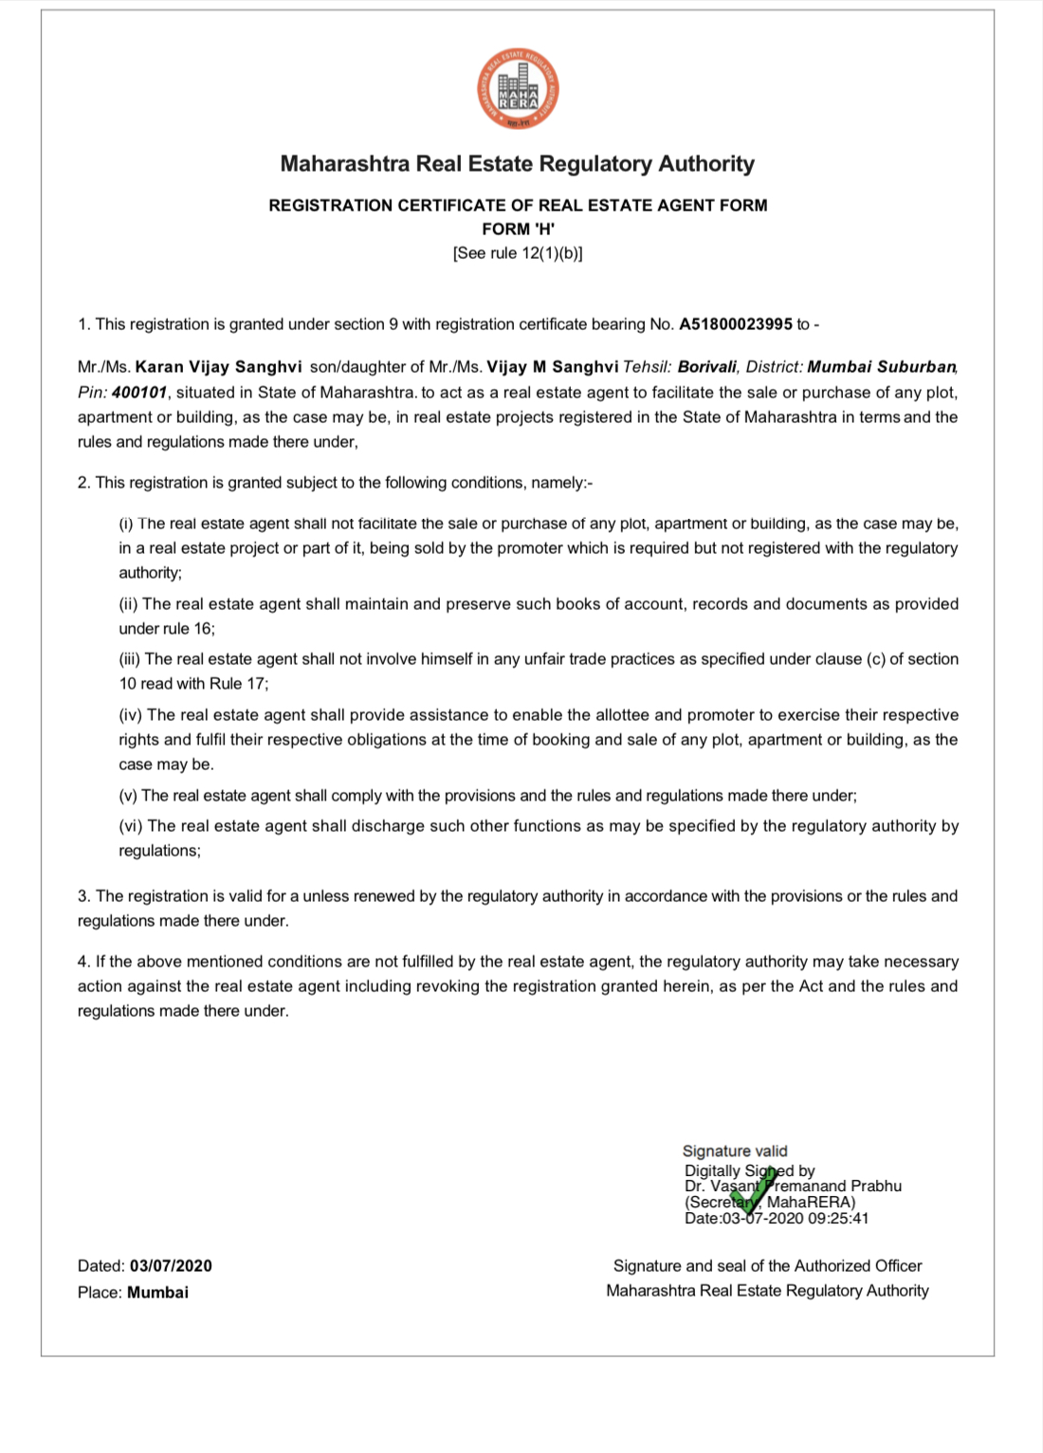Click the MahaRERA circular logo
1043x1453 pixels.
[518, 90]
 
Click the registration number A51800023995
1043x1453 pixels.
[735, 324]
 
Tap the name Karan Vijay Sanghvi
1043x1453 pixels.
[218, 367]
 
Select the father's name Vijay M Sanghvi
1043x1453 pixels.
[552, 367]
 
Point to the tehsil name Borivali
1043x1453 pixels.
[706, 367]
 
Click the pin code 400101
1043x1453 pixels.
[139, 393]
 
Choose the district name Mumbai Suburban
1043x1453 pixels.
[881, 367]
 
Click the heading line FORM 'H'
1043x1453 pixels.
[518, 230]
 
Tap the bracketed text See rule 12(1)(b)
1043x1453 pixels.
[518, 253]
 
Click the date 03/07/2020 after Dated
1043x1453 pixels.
[171, 1266]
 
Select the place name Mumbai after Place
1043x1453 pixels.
[157, 1293]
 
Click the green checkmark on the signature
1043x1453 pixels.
[755, 1191]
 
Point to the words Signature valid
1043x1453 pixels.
[735, 1151]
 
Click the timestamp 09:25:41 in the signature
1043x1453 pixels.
[838, 1219]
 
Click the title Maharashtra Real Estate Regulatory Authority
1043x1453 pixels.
[518, 164]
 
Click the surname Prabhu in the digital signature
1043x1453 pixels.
[876, 1186]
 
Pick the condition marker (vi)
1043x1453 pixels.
[131, 826]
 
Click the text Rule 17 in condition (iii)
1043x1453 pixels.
[242, 684]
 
